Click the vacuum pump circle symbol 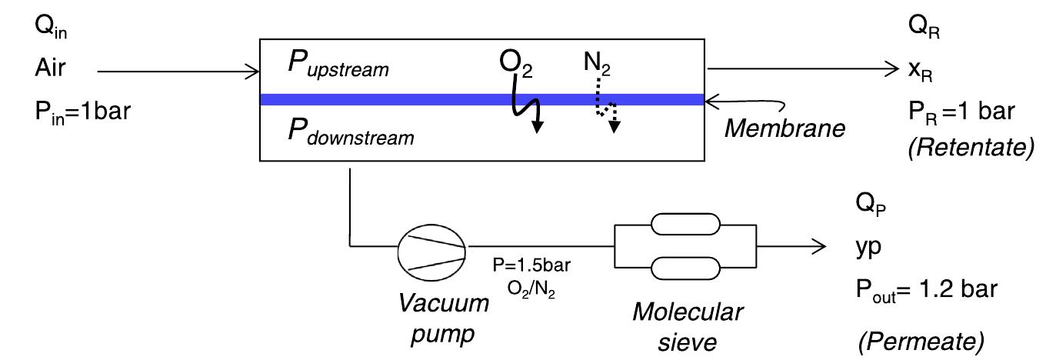pos(431,247)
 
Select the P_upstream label pos(338,67)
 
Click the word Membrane pos(784,128)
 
